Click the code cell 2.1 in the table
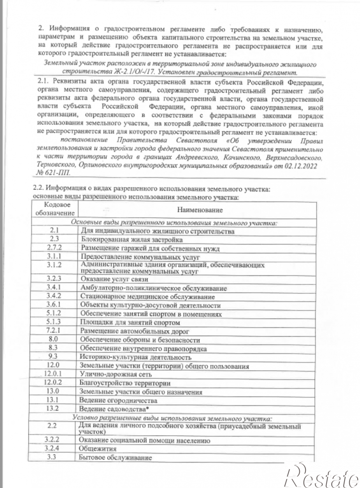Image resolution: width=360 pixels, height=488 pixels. (55, 231)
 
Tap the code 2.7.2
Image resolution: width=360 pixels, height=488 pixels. (55, 248)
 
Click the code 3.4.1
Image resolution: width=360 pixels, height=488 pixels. (54, 288)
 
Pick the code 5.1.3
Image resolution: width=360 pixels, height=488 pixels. (54, 322)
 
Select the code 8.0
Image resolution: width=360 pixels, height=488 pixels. (54, 339)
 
